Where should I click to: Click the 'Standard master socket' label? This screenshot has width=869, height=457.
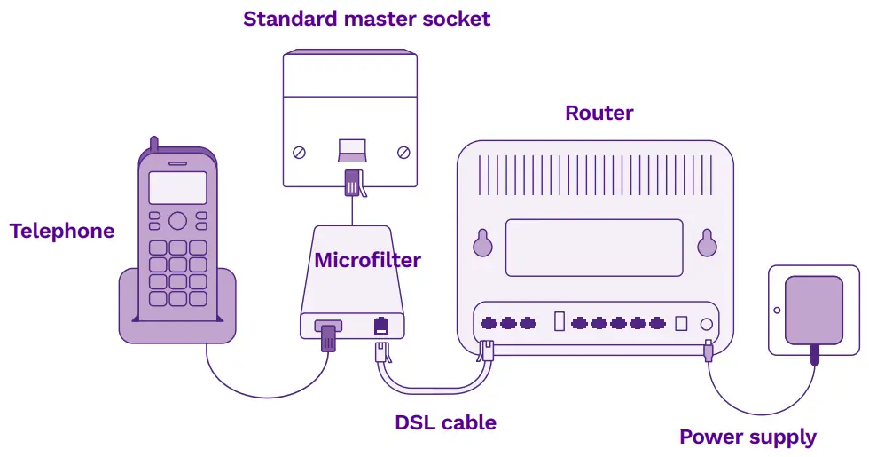(x=366, y=19)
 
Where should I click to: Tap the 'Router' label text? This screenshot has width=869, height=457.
(x=599, y=114)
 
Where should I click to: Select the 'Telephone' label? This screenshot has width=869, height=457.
(x=62, y=232)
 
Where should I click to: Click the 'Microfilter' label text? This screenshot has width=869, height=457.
(x=367, y=261)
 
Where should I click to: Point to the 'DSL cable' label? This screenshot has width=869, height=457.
(x=445, y=422)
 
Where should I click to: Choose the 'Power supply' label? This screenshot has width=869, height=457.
(x=748, y=437)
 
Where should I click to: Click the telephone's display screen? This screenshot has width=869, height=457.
(x=177, y=188)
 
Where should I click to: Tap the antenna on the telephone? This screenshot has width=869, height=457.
(x=153, y=145)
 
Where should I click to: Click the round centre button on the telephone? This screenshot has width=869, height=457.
(x=177, y=220)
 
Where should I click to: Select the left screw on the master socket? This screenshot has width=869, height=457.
(x=299, y=152)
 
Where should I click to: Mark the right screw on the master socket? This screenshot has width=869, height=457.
(x=403, y=152)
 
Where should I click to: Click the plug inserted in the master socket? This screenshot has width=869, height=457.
(x=352, y=181)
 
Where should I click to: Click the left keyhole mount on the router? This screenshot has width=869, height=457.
(x=482, y=243)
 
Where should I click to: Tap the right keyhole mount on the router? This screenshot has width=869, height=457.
(x=707, y=243)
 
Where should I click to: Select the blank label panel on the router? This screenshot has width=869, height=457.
(x=594, y=248)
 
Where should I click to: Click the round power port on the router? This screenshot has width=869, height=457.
(x=707, y=324)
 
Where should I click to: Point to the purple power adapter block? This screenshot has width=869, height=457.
(x=814, y=310)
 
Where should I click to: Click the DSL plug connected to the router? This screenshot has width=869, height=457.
(x=485, y=351)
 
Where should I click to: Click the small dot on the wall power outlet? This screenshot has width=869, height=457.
(x=777, y=311)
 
